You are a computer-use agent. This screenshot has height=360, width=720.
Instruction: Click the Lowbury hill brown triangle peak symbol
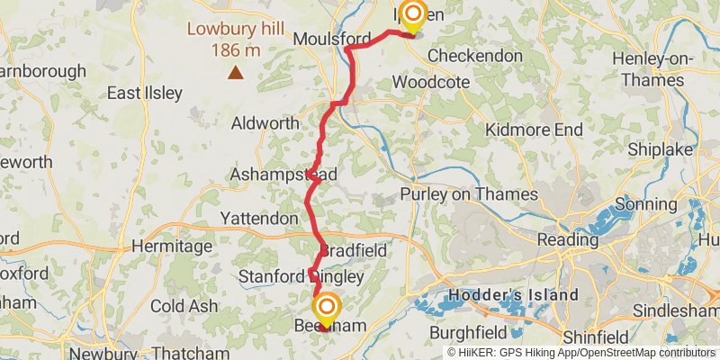click(235, 73)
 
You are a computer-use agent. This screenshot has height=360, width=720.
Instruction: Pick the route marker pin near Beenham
click(325, 310)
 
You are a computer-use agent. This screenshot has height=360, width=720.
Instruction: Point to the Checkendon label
click(474, 56)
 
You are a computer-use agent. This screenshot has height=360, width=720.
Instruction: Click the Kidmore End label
click(534, 130)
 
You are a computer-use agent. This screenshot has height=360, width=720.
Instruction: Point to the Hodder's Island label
click(514, 294)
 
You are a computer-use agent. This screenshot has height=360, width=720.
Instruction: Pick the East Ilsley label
click(144, 93)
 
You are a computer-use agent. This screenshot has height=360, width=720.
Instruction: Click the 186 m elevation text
click(236, 49)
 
